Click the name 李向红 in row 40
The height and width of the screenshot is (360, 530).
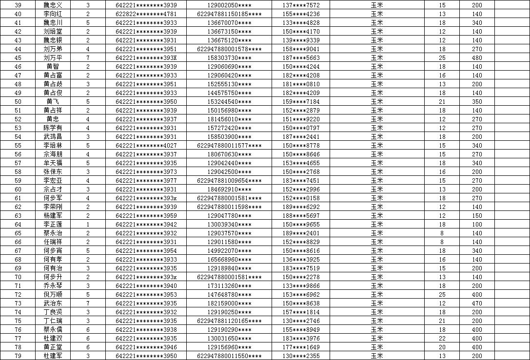click(53, 14)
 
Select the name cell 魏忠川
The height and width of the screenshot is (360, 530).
click(53, 23)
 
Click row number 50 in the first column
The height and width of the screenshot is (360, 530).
click(18, 102)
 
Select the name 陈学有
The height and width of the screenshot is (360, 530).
click(53, 128)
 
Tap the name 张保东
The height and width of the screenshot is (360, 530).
click(53, 172)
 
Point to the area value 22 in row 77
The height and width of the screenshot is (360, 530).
click(442, 339)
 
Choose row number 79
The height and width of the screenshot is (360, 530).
click(18, 356)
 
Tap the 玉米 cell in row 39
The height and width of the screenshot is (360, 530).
click(376, 5)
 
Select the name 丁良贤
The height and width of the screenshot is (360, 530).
click(53, 312)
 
